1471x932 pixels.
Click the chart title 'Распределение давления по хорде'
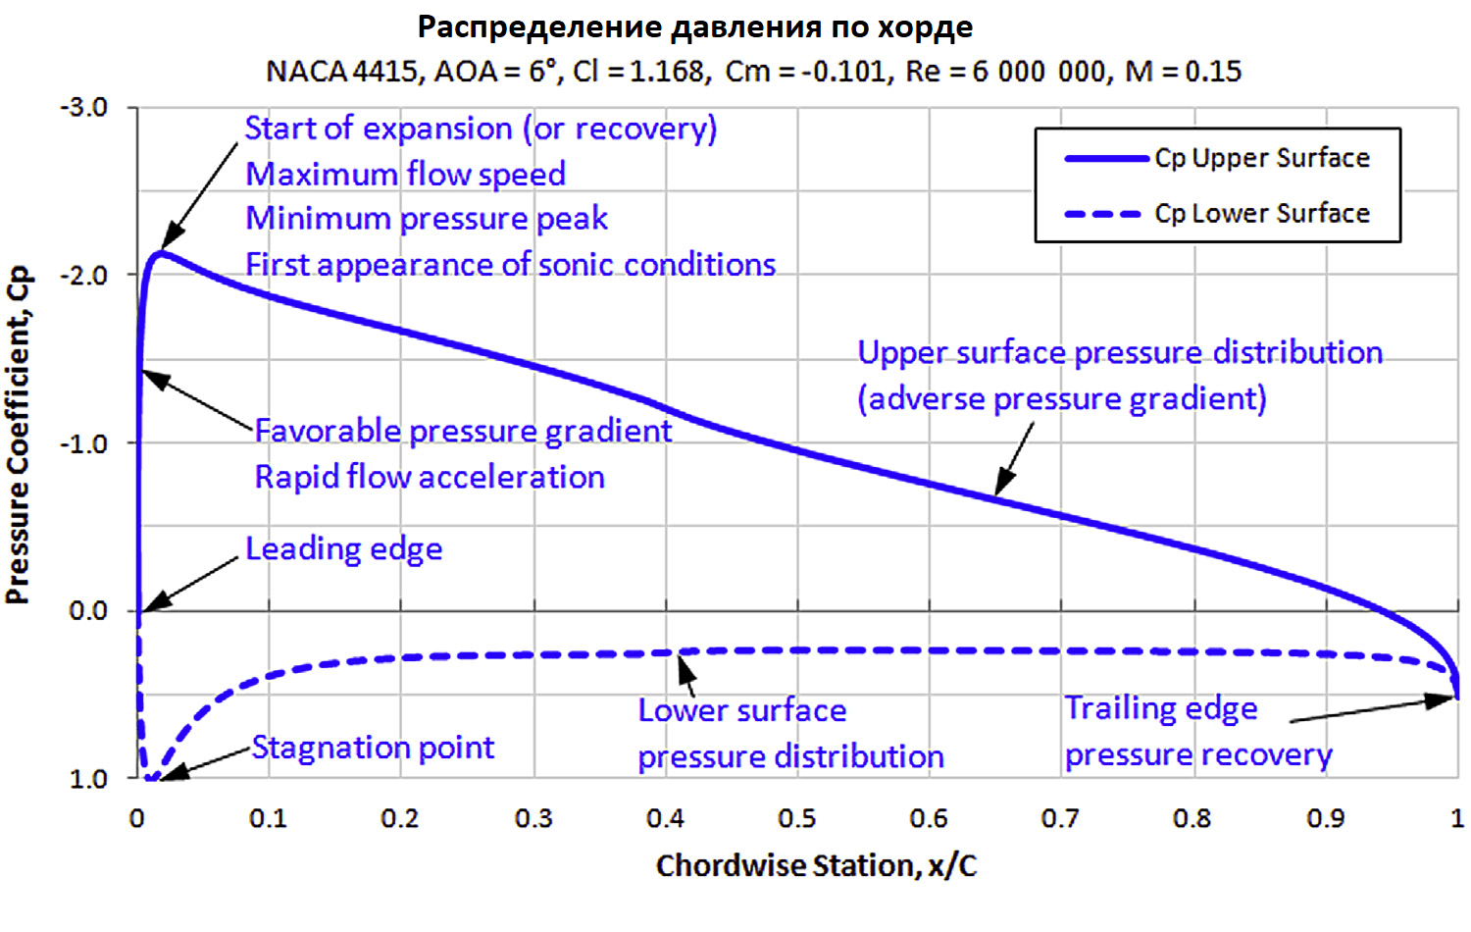[694, 26]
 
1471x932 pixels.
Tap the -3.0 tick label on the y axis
[85, 107]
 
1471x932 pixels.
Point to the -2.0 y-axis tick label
[85, 275]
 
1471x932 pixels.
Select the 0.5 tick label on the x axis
[796, 818]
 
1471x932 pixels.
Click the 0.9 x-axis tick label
[1325, 818]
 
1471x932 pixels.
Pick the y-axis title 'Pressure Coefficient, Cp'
[19, 435]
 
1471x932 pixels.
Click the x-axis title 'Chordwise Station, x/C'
[816, 865]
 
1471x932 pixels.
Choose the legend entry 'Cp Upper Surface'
[1261, 158]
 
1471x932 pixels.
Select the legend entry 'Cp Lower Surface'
[1261, 213]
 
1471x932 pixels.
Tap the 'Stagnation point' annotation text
[373, 748]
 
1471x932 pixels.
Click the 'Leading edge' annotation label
[343, 548]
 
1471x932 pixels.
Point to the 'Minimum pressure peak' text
[427, 218]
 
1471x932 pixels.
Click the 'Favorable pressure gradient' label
[463, 431]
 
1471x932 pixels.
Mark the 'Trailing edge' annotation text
[1161, 708]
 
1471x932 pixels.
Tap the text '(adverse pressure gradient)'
[1062, 398]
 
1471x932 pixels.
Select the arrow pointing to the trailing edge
[1373, 709]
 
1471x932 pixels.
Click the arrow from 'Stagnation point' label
[206, 763]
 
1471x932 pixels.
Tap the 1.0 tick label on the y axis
[88, 779]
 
